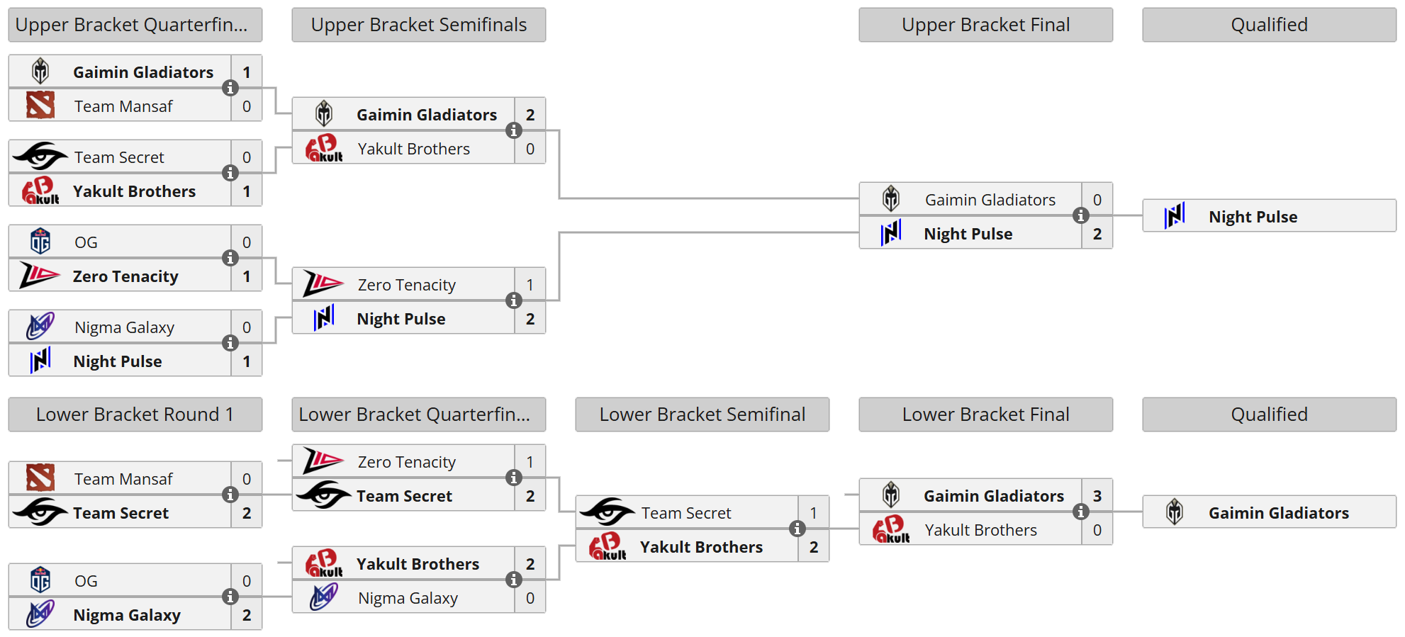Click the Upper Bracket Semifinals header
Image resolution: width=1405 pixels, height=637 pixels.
418,25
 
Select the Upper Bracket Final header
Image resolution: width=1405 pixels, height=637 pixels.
985,25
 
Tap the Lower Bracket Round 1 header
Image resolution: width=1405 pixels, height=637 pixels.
135,415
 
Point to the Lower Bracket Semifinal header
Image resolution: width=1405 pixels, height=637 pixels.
702,415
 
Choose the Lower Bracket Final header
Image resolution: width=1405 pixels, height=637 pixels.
985,415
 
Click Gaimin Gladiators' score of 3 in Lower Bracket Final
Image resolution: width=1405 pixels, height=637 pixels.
1097,496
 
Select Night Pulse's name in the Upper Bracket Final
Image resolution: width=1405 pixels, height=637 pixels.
968,234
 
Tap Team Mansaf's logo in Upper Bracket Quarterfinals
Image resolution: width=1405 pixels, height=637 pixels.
40,106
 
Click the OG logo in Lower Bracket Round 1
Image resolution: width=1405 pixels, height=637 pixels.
40,580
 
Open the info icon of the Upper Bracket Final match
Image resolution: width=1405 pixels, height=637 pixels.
1080,215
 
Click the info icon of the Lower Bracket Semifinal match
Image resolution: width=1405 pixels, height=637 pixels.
797,529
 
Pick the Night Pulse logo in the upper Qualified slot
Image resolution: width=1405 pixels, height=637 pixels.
1175,216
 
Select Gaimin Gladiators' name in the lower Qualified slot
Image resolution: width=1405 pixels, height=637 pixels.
1278,513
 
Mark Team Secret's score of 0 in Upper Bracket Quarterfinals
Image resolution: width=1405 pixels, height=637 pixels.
246,157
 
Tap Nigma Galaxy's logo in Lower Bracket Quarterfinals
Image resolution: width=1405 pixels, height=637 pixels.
324,597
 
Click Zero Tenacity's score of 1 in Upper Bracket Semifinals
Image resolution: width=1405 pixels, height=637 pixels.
530,285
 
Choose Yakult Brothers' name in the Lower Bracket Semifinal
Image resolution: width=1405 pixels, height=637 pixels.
701,547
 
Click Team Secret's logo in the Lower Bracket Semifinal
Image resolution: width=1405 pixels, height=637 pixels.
607,512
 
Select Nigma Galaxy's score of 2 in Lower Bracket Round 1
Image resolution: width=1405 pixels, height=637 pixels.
246,615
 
